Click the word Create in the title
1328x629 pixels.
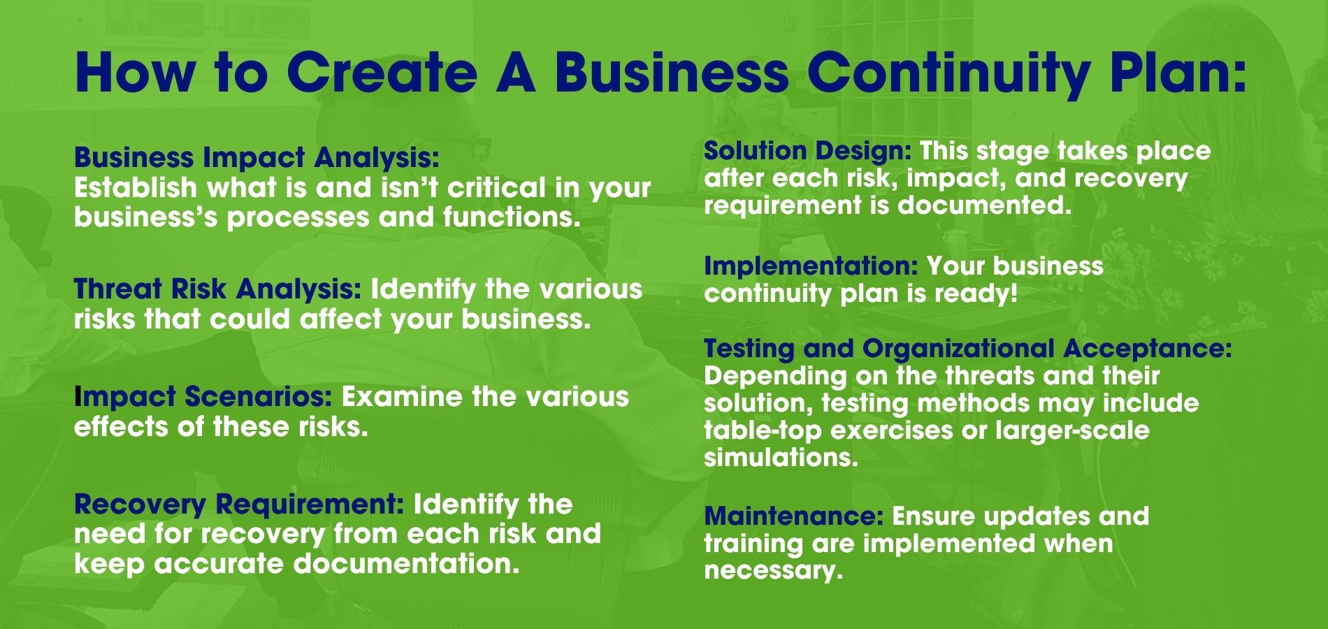380,72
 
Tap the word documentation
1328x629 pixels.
407,563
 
